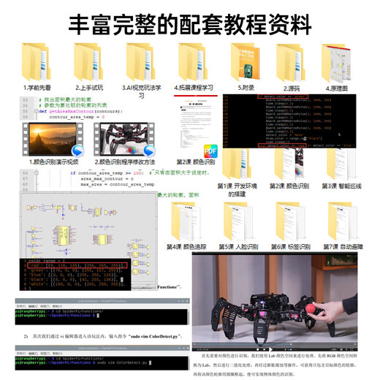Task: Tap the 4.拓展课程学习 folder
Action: click(x=194, y=58)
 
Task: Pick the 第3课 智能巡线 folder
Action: click(x=343, y=164)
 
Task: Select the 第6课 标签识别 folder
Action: click(x=292, y=219)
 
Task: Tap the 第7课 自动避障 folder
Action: click(x=343, y=219)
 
